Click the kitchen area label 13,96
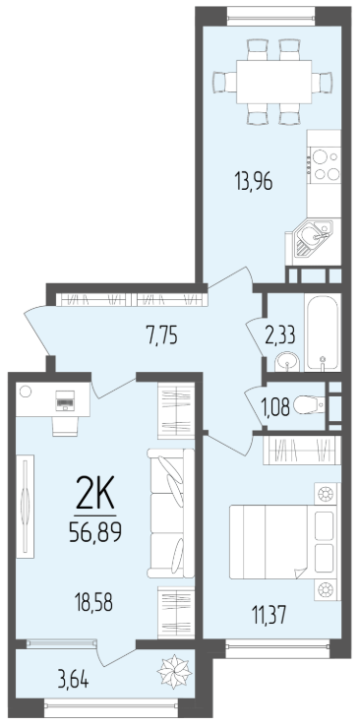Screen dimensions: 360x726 tap(253, 181)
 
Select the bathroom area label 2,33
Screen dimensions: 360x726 tap(280, 334)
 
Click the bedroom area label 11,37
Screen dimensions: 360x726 tap(269, 615)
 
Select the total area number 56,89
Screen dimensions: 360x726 tap(95, 532)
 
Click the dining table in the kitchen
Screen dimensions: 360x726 tap(273, 82)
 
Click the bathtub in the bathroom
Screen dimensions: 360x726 tap(323, 333)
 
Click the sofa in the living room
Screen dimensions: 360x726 tap(170, 513)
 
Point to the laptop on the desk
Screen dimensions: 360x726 tap(64, 400)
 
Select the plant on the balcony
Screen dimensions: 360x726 tap(174, 671)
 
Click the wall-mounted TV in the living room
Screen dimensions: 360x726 tap(26, 506)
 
